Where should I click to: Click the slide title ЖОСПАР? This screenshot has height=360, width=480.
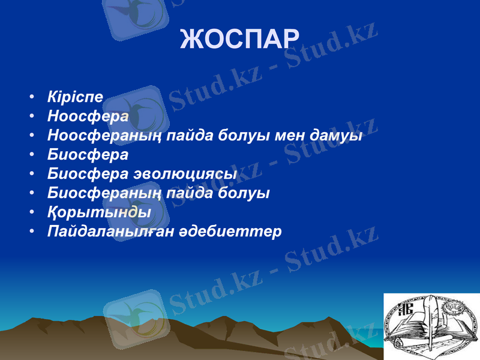pyautogui.click(x=239, y=39)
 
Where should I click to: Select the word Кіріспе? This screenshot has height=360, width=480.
pyautogui.click(x=75, y=97)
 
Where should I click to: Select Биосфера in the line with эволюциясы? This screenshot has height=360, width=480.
pyautogui.click(x=88, y=174)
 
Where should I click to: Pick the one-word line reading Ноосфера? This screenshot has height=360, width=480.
pyautogui.click(x=88, y=116)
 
